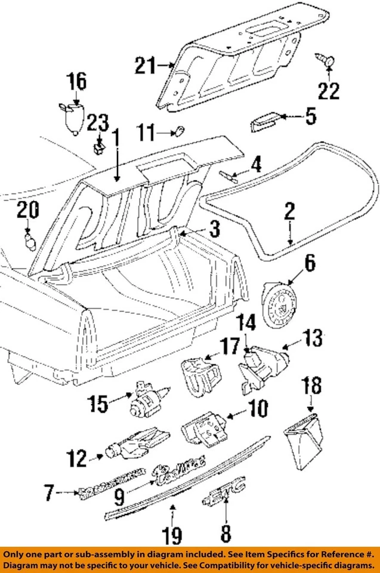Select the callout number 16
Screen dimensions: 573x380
pyautogui.click(x=76, y=82)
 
